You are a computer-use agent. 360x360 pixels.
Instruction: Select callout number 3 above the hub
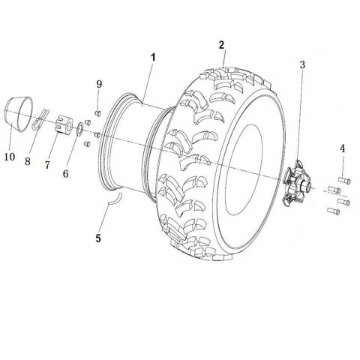click(x=301, y=64)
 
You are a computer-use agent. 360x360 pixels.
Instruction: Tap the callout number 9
click(x=98, y=84)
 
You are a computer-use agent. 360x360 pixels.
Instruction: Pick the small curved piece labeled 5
click(x=112, y=198)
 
